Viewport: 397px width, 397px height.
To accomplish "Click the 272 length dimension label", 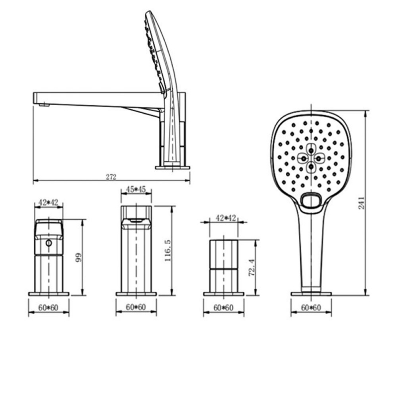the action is (111, 177).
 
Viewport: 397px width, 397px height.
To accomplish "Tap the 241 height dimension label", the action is (362, 203).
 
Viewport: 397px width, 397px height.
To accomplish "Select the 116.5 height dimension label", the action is (168, 251).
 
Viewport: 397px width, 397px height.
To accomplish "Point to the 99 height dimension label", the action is (79, 257).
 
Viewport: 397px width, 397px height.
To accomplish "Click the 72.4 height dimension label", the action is (252, 267).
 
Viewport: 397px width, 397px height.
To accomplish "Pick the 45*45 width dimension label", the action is (136, 189).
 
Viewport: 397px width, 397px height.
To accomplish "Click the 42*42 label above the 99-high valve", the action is (48, 202).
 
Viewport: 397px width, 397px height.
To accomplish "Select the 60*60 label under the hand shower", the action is (311, 307).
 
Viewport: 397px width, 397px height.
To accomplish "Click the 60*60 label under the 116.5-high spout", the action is (136, 307).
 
